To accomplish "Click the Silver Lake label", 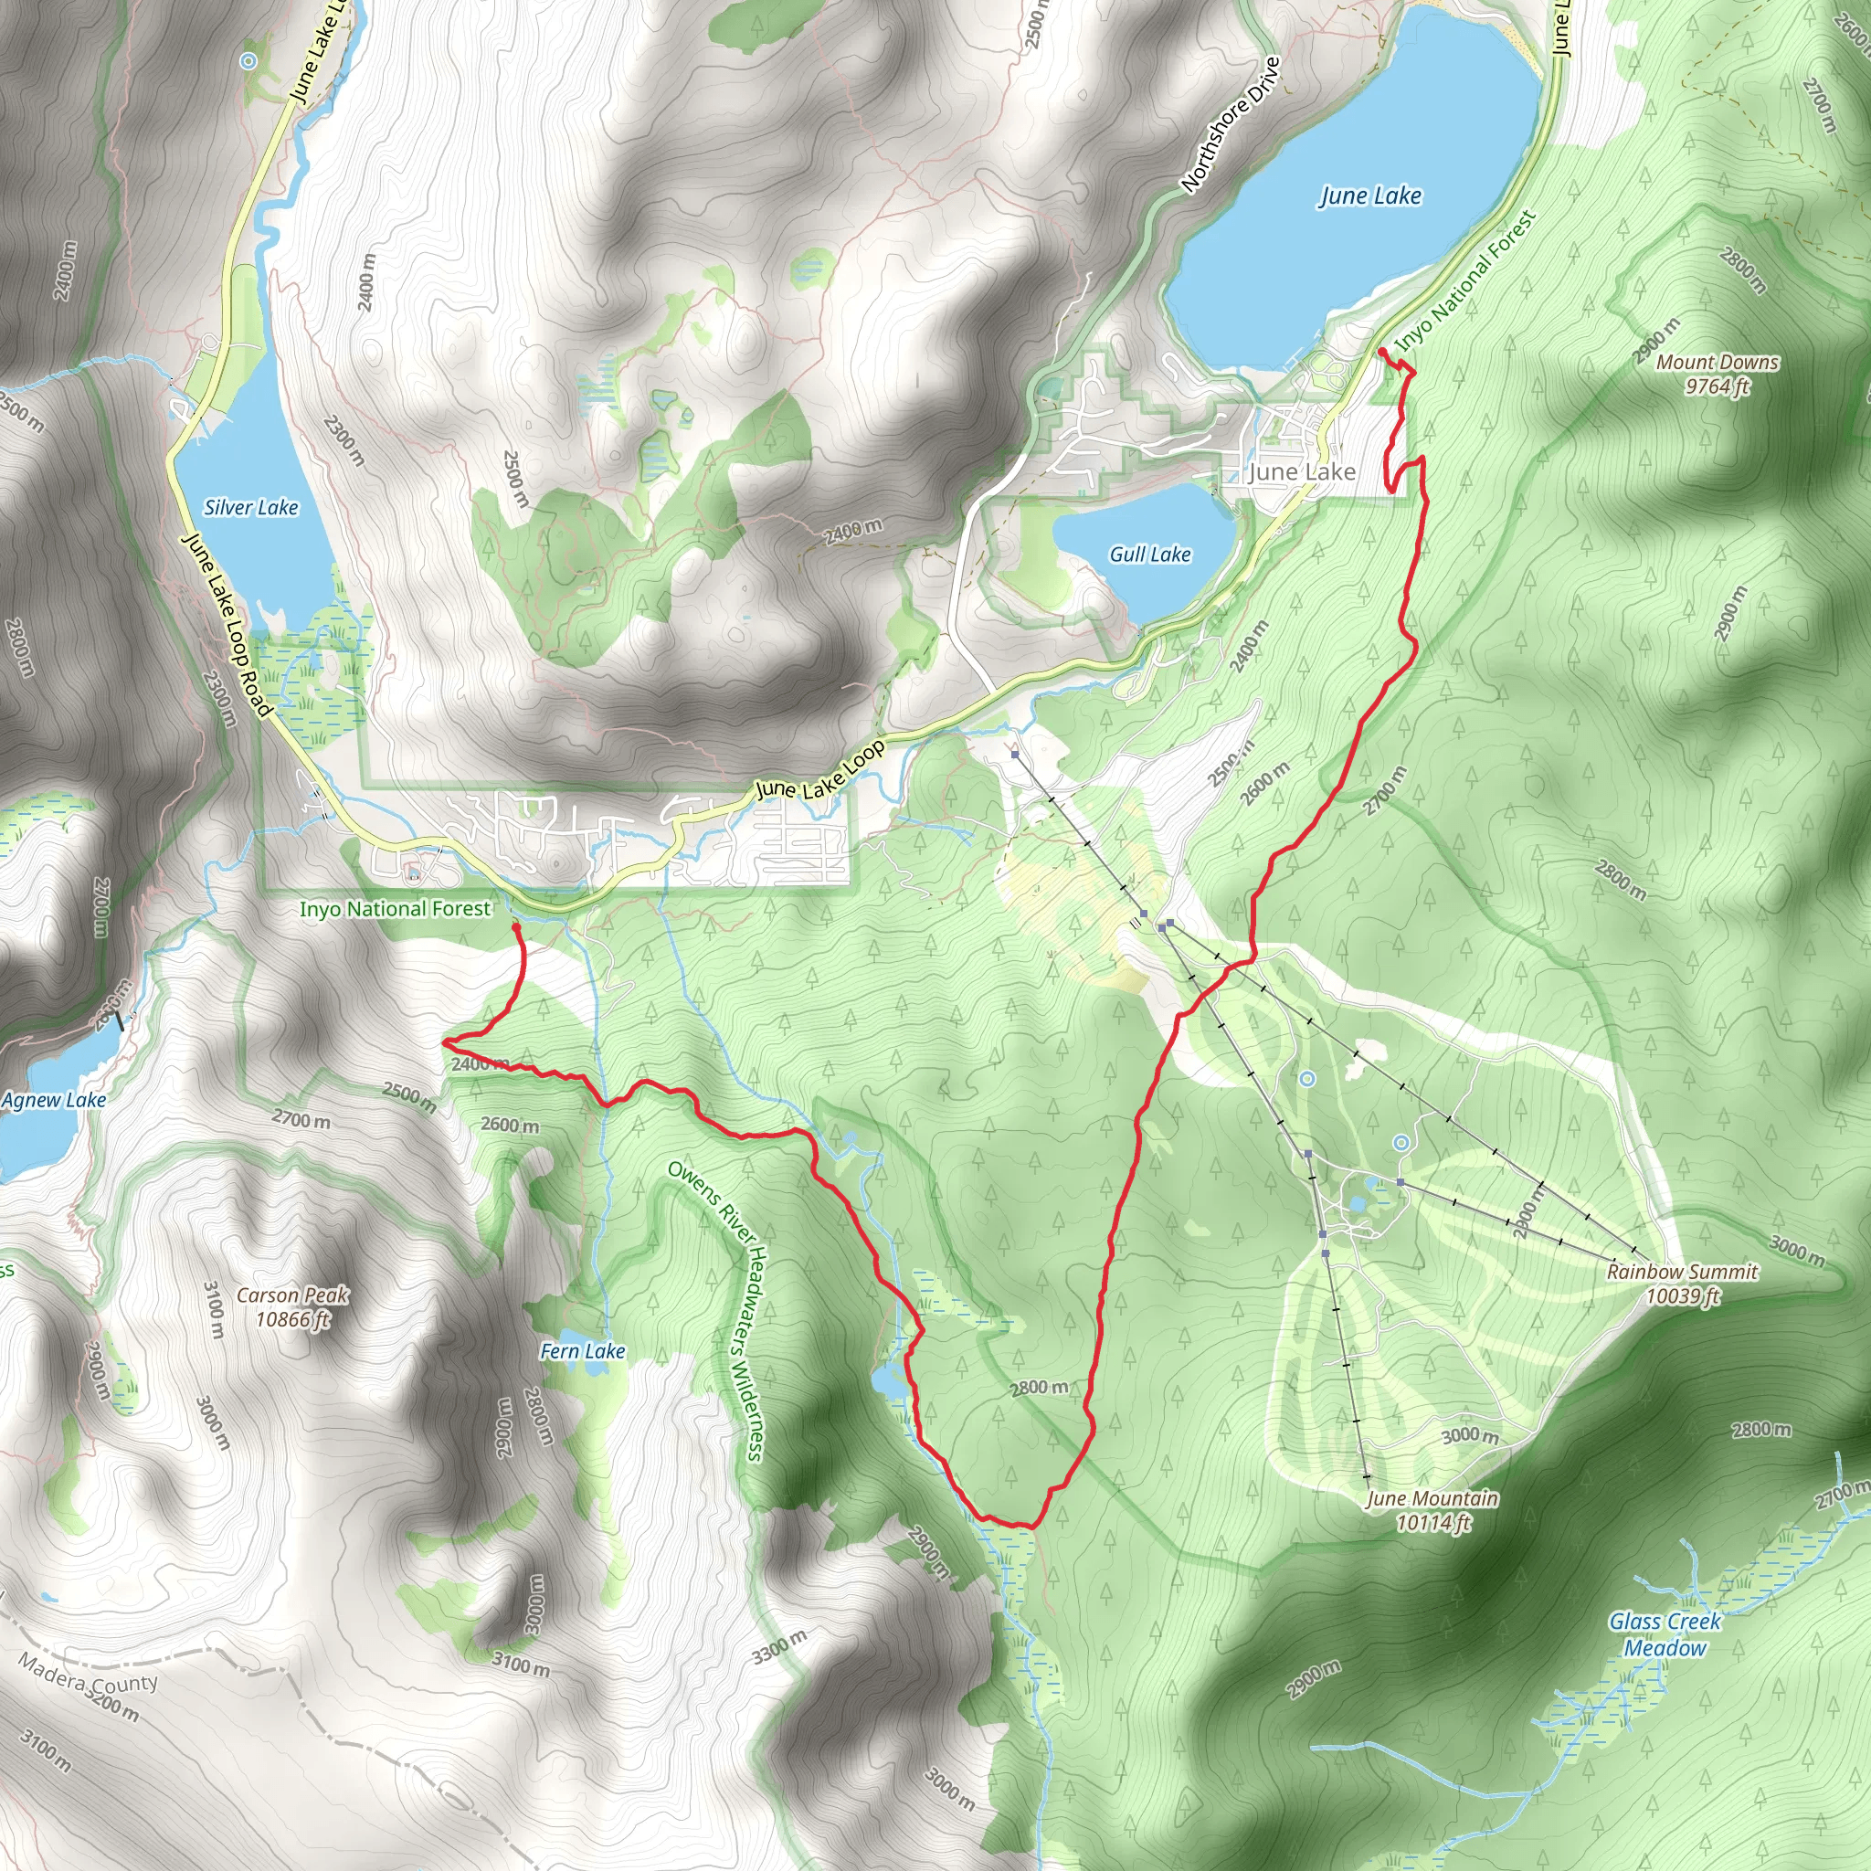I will pyautogui.click(x=251, y=507).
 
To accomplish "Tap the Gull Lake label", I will pyautogui.click(x=1149, y=554).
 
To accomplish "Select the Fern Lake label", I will pyautogui.click(x=582, y=1351).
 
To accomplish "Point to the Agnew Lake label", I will pyautogui.click(x=54, y=1100).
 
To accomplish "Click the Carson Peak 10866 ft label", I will pyautogui.click(x=292, y=1306).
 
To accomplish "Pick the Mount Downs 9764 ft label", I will pyautogui.click(x=1717, y=374).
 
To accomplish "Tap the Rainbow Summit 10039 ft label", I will pyautogui.click(x=1682, y=1284).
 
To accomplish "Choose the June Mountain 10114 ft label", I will pyautogui.click(x=1432, y=1510).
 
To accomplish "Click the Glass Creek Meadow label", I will pyautogui.click(x=1665, y=1633).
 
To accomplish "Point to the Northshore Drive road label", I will pyautogui.click(x=1231, y=124).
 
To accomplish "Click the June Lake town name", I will pyautogui.click(x=1302, y=471).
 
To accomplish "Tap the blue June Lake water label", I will pyautogui.click(x=1370, y=196).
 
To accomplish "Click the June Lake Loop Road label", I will pyautogui.click(x=227, y=627).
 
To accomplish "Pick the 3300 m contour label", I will pyautogui.click(x=778, y=1646).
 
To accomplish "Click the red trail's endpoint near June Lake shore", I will pyautogui.click(x=1382, y=352).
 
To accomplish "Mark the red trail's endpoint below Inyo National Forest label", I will pyautogui.click(x=515, y=926).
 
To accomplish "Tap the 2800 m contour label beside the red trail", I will pyautogui.click(x=1038, y=1388).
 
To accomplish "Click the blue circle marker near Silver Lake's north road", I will pyautogui.click(x=248, y=61).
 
